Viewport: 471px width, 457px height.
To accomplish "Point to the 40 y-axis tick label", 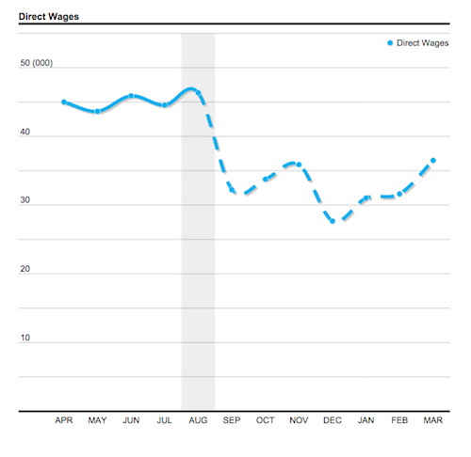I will tap(24, 133).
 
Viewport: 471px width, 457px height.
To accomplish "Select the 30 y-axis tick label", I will tap(24, 201).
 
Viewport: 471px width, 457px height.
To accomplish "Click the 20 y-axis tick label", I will tap(24, 270).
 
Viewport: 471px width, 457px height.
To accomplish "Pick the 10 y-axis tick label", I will tap(24, 338).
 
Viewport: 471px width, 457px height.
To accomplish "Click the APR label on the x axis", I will tap(64, 421).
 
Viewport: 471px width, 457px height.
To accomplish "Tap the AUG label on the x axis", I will tap(198, 421).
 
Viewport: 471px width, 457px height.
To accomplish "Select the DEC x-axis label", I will tap(332, 421).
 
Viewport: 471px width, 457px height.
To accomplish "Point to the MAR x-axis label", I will tap(432, 421).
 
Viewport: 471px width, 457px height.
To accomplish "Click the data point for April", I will tap(64, 102).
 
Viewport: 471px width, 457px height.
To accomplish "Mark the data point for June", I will tap(131, 96).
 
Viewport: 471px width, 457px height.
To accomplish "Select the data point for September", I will tap(232, 191).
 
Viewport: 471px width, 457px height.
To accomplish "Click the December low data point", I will tap(333, 221).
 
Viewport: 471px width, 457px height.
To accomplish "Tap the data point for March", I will tap(432, 161).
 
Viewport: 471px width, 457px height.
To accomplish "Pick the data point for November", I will tap(299, 165).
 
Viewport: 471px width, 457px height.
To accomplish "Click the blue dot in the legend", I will tap(390, 43).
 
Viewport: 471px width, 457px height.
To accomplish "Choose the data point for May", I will tap(97, 111).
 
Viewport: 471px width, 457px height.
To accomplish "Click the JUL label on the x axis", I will tap(164, 421).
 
